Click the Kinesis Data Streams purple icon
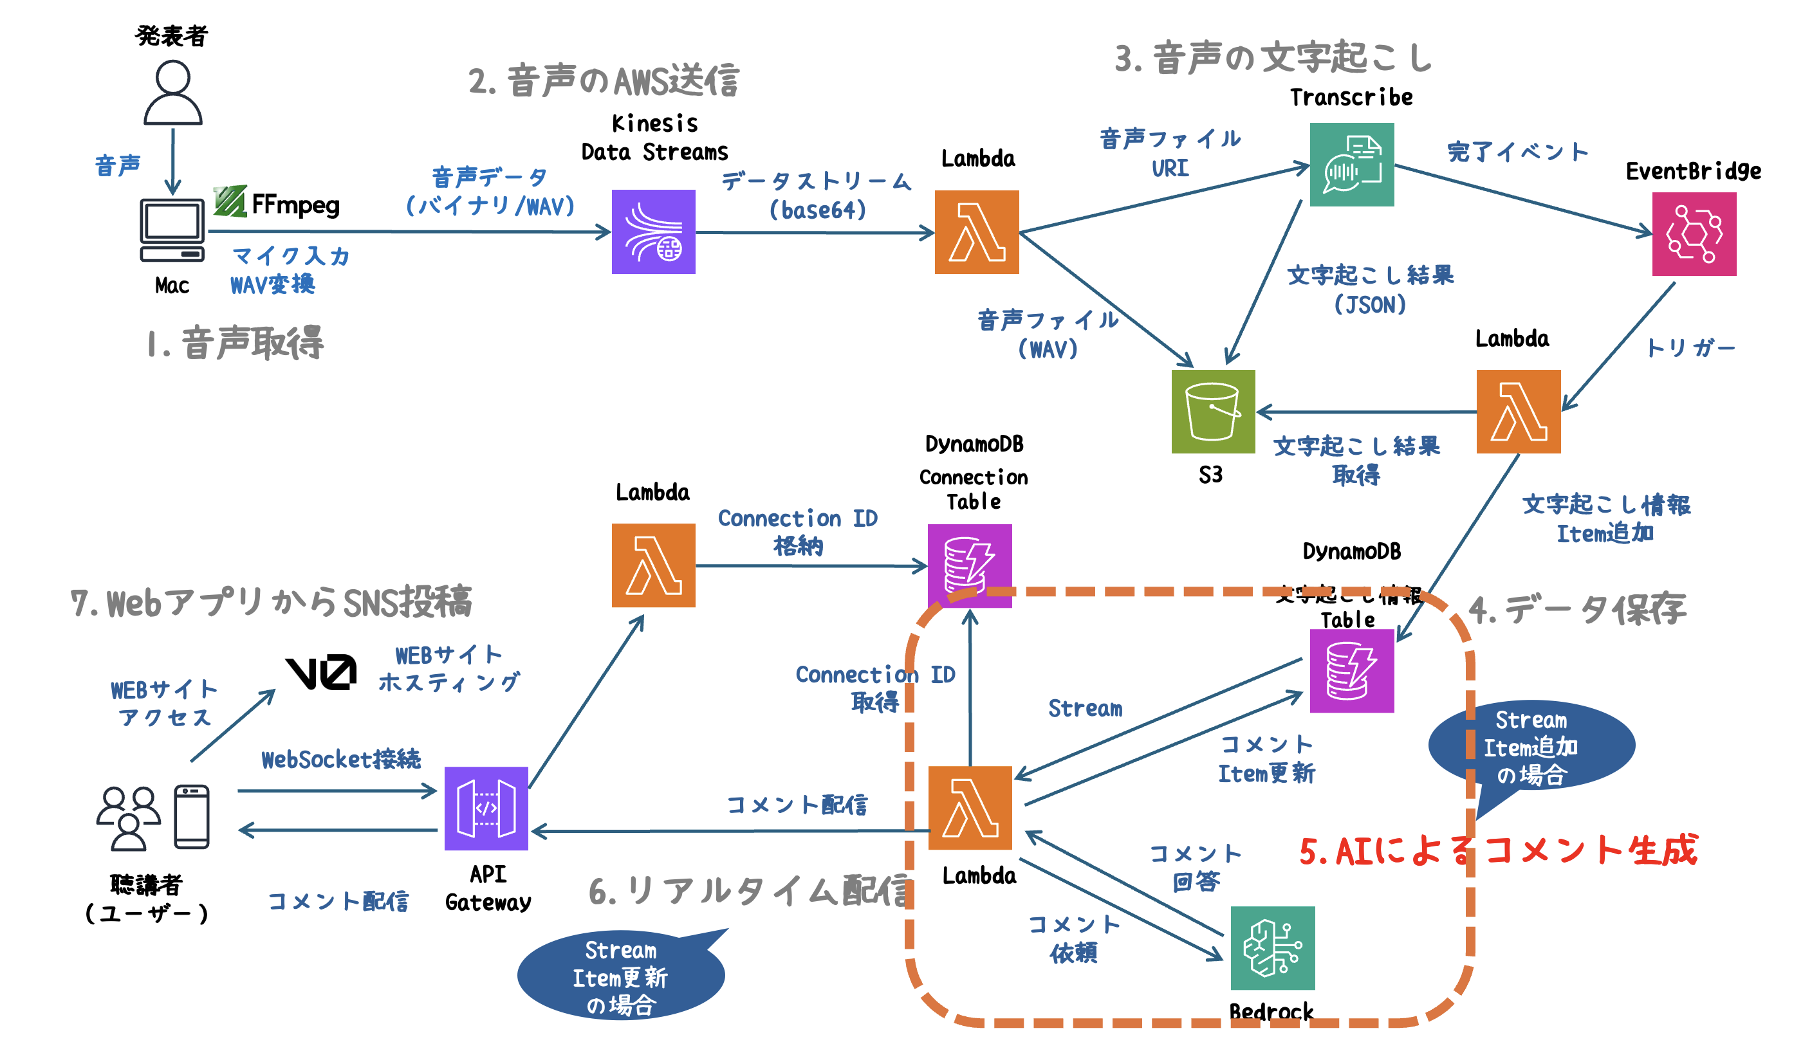(x=653, y=231)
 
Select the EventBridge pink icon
(x=1693, y=234)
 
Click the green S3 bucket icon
(x=1212, y=412)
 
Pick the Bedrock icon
(x=1272, y=947)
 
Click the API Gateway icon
(x=486, y=808)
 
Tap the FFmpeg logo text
(x=295, y=205)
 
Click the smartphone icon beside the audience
(x=192, y=817)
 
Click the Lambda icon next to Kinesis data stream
(x=977, y=232)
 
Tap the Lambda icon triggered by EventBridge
(x=1518, y=412)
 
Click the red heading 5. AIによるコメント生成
(x=1497, y=850)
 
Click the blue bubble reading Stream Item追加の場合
(x=1531, y=746)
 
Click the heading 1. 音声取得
(x=235, y=343)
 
